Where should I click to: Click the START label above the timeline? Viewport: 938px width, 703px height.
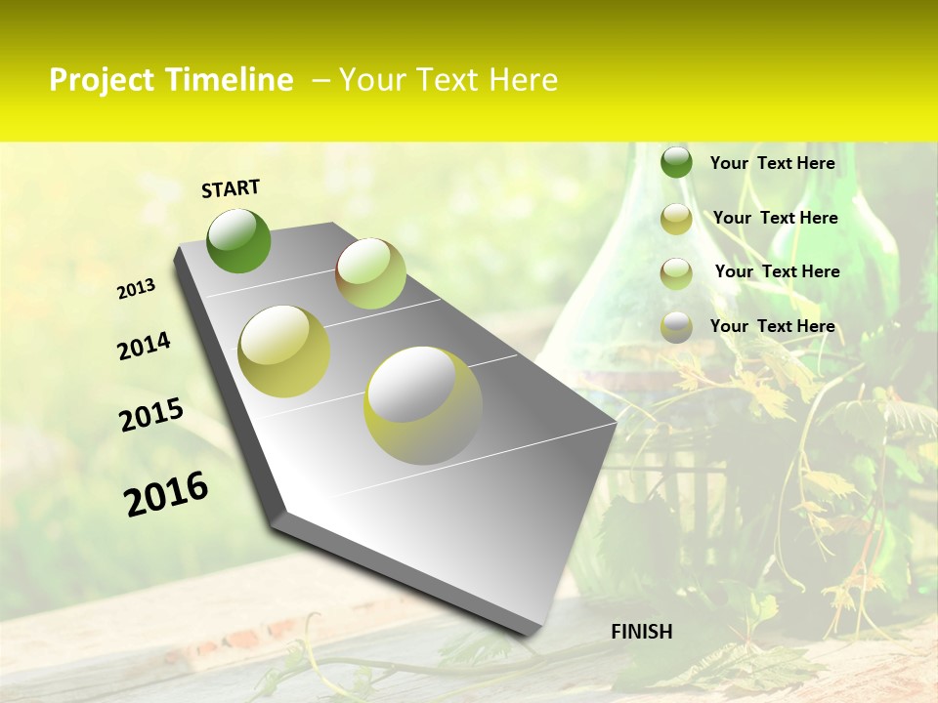coord(231,188)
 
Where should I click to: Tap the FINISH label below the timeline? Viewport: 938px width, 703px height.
coord(642,632)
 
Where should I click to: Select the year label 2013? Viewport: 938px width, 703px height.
coord(137,289)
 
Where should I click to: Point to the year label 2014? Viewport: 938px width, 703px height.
coord(144,346)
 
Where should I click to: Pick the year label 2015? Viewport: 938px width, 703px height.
coord(151,415)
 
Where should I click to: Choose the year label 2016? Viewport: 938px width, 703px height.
coord(166,494)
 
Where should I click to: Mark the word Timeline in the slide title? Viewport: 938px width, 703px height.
coord(230,80)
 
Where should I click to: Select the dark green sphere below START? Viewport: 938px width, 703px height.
coord(238,240)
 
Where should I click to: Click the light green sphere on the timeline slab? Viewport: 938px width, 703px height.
coord(370,273)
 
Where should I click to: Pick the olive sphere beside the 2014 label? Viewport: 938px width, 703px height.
coord(284,351)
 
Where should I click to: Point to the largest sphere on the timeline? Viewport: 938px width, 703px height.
coord(423,405)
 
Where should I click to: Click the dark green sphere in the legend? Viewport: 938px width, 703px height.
coord(676,162)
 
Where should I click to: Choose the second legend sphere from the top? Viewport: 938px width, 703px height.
coord(676,219)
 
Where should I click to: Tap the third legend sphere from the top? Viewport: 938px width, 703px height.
coord(676,273)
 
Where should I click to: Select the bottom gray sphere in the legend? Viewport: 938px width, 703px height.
coord(676,327)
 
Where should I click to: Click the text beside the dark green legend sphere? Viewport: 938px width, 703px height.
coord(772,163)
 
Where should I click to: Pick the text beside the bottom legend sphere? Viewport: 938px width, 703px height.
coord(772,326)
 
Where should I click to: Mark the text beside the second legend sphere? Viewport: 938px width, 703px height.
coord(775,218)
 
